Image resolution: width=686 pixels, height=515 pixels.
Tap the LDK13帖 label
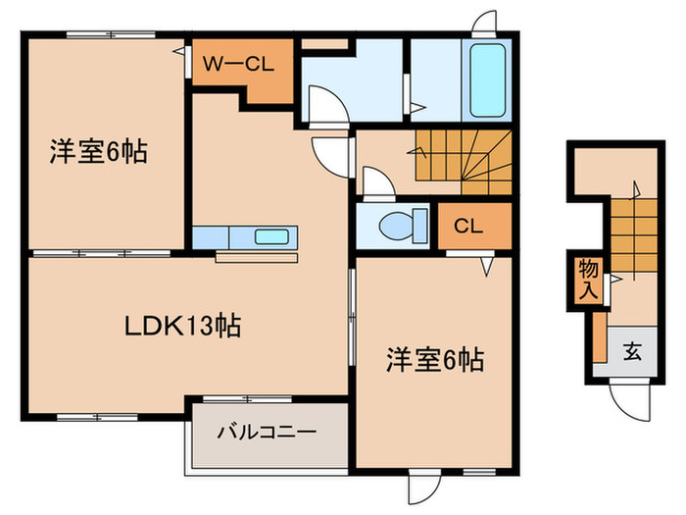click(182, 325)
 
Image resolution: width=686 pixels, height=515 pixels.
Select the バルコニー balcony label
click(267, 432)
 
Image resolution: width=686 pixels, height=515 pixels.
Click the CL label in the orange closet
click(467, 225)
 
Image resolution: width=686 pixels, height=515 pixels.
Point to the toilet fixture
click(400, 225)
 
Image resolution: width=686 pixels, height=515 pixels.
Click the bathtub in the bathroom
click(487, 79)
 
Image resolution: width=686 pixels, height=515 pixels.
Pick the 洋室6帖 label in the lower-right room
click(432, 360)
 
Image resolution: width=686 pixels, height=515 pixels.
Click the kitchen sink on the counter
click(271, 236)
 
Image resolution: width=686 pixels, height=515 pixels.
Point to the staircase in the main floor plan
click(464, 157)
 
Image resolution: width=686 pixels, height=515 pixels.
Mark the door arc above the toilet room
click(376, 182)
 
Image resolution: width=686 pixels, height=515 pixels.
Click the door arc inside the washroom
click(323, 102)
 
